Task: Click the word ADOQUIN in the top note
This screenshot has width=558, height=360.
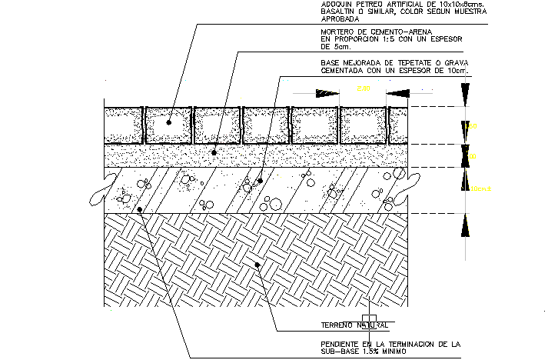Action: click(337, 5)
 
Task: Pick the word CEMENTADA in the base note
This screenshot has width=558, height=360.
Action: click(342, 71)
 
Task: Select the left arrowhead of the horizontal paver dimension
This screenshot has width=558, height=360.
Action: click(327, 94)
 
